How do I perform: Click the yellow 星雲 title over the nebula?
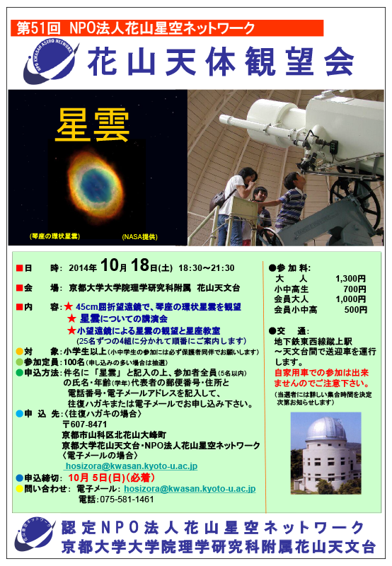93,125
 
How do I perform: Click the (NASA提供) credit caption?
139,237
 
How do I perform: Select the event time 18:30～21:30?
207,268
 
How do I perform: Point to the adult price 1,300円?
350,279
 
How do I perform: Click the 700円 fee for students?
354,289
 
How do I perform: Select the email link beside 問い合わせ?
190,489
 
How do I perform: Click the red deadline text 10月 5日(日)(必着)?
112,478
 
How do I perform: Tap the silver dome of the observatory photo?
326,429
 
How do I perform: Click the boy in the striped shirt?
292,202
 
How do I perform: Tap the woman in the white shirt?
235,206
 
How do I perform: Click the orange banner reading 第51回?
167,28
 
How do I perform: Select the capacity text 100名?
74,362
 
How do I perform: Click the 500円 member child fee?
355,310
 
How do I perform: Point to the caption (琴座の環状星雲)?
54,236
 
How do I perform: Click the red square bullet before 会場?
20,288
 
